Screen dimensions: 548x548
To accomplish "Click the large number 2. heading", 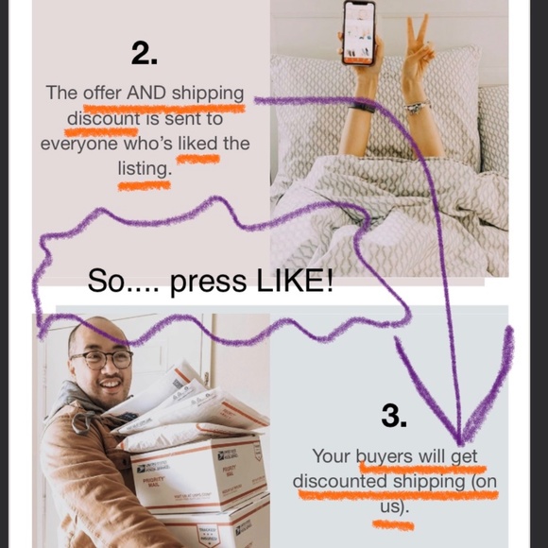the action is pyautogui.click(x=145, y=53).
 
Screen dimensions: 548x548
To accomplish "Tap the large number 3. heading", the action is pyautogui.click(x=394, y=415).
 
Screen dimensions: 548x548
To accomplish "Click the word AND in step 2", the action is pyautogui.click(x=146, y=93).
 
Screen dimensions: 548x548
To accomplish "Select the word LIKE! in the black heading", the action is pyautogui.click(x=295, y=281).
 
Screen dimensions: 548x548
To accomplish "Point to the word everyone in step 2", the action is pyautogui.click(x=79, y=145).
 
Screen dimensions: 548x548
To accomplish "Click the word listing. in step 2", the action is pyautogui.click(x=145, y=169).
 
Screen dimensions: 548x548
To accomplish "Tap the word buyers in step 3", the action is pyautogui.click(x=385, y=456).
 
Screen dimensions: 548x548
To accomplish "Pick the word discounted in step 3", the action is pyautogui.click(x=340, y=481).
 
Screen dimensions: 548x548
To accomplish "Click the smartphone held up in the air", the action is pyautogui.click(x=359, y=33).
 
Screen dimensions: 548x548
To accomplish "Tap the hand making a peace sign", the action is pyautogui.click(x=418, y=49).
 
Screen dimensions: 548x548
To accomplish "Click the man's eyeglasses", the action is pyautogui.click(x=102, y=359).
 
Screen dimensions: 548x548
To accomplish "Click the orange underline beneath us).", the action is pyautogui.click(x=393, y=525).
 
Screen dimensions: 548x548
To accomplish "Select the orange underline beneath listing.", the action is pyautogui.click(x=144, y=185).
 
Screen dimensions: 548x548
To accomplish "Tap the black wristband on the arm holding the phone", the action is pyautogui.click(x=363, y=108).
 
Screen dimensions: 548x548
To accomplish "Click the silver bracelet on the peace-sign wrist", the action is pyautogui.click(x=418, y=106).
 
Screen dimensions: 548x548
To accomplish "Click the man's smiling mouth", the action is pyautogui.click(x=111, y=385).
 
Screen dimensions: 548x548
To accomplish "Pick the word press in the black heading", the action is pyautogui.click(x=208, y=283).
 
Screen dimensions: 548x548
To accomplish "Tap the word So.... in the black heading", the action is pyautogui.click(x=123, y=281).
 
